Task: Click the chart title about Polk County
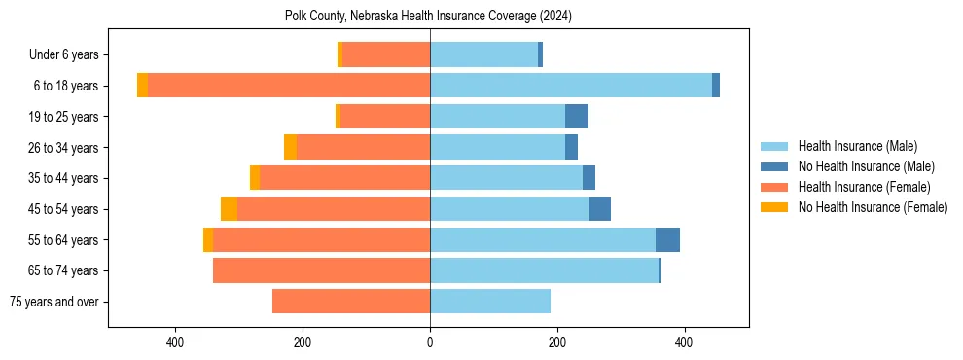pyautogui.click(x=428, y=17)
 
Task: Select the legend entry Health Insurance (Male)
pyautogui.click(x=857, y=146)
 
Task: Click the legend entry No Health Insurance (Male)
pyautogui.click(x=866, y=166)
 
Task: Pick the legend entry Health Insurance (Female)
pyautogui.click(x=865, y=187)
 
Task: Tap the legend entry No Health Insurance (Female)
pyautogui.click(x=873, y=207)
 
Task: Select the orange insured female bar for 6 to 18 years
pyautogui.click(x=289, y=86)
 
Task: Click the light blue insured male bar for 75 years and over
pyautogui.click(x=490, y=302)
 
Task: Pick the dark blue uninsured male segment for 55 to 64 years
pyautogui.click(x=667, y=240)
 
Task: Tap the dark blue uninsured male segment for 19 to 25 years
pyautogui.click(x=577, y=117)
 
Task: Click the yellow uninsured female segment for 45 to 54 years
pyautogui.click(x=229, y=209)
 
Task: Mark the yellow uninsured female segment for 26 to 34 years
pyautogui.click(x=290, y=147)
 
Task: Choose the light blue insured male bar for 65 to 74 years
pyautogui.click(x=544, y=270)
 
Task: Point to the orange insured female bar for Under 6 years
pyautogui.click(x=386, y=55)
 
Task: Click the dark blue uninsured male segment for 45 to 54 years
pyautogui.click(x=600, y=209)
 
